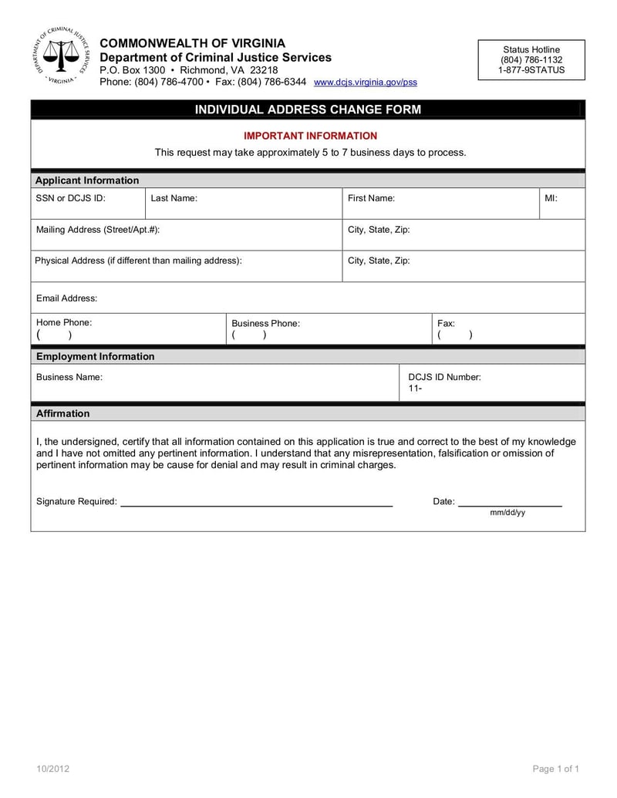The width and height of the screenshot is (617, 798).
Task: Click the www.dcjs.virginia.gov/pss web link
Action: coord(366,82)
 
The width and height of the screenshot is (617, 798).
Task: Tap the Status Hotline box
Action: coord(531,59)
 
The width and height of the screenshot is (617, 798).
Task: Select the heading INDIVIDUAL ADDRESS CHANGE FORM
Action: coord(308,109)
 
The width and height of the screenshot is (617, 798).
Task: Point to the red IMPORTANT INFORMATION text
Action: coord(311,136)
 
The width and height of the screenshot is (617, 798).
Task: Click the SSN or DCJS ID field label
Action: coord(70,198)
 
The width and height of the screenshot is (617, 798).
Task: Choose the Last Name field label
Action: coord(174,198)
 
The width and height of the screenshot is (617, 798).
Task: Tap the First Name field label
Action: coord(371,198)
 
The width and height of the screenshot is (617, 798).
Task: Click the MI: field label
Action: coord(551,198)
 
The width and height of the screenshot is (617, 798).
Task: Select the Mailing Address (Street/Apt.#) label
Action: coord(98,230)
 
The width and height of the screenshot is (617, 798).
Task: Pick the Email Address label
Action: coord(67,298)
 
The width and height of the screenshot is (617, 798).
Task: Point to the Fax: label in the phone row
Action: coord(446,324)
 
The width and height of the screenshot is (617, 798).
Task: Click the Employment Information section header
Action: coord(95,356)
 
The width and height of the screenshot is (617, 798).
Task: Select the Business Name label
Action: coord(69,377)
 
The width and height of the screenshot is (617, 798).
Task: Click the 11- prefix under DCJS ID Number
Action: coord(415,389)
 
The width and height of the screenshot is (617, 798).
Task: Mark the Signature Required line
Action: coord(256,505)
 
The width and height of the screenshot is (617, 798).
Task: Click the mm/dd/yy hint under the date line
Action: coord(507,513)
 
